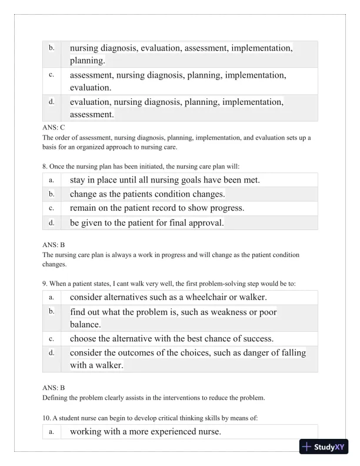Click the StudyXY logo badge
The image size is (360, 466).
323,447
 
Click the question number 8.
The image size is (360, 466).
45,166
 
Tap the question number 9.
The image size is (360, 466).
45,284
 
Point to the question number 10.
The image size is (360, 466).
46,418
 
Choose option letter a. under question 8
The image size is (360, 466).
52,179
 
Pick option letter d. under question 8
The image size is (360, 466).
52,222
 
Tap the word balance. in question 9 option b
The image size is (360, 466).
86,324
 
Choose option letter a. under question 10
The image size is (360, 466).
52,432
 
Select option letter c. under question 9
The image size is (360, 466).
52,339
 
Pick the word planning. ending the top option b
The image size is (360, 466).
88,61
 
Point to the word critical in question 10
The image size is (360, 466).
158,418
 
